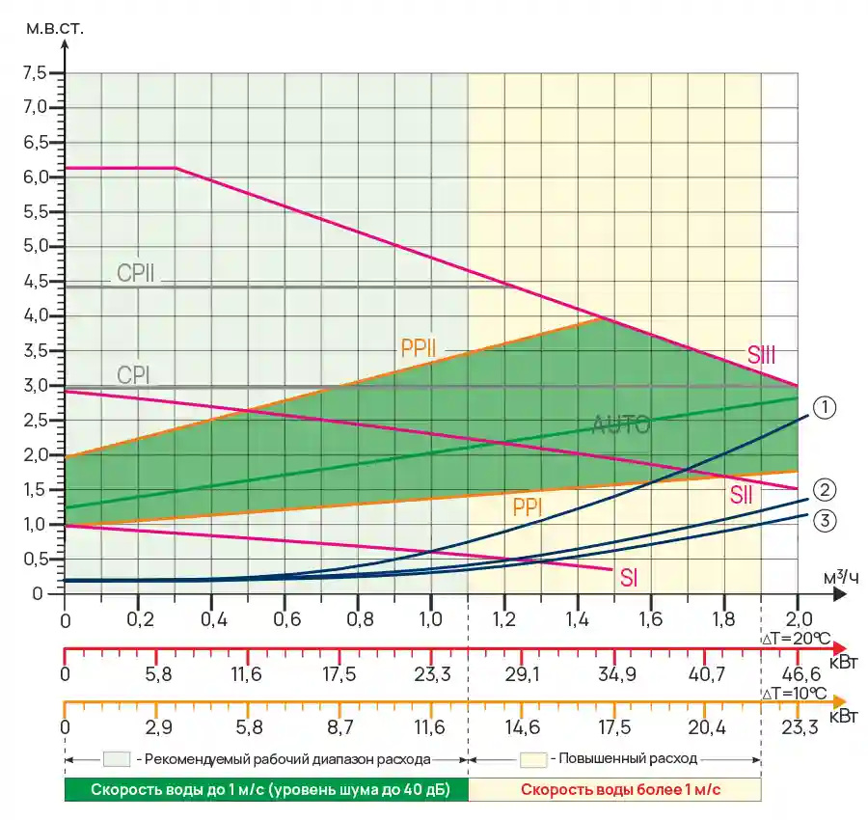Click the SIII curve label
click(x=762, y=355)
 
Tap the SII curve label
click(x=741, y=496)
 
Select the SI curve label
click(x=629, y=579)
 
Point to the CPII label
click(x=136, y=273)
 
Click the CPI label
click(x=133, y=373)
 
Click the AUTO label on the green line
click(x=621, y=424)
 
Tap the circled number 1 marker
click(x=824, y=408)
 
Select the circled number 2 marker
click(x=824, y=488)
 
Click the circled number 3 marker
click(x=824, y=521)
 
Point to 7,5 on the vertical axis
click(x=35, y=72)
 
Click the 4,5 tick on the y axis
click(x=35, y=281)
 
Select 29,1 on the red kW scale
click(x=523, y=674)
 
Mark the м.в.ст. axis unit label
click(x=56, y=26)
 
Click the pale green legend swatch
click(x=117, y=758)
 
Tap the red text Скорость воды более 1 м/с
click(x=620, y=789)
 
